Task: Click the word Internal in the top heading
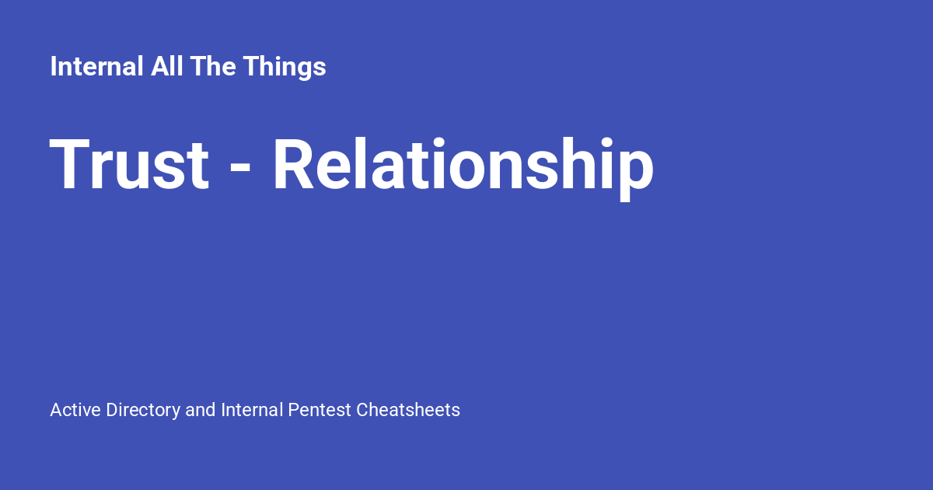[x=96, y=67]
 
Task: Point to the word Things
[x=284, y=68]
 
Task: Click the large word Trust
[x=130, y=165]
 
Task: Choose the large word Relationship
[x=463, y=166]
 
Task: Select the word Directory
[x=143, y=411]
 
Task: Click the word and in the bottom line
[x=201, y=410]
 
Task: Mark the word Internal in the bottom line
[x=252, y=410]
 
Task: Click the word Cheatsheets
[x=408, y=410]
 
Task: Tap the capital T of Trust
[x=67, y=165]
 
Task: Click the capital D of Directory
[x=111, y=410]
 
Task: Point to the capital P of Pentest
[x=293, y=410]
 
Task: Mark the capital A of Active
[x=55, y=410]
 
